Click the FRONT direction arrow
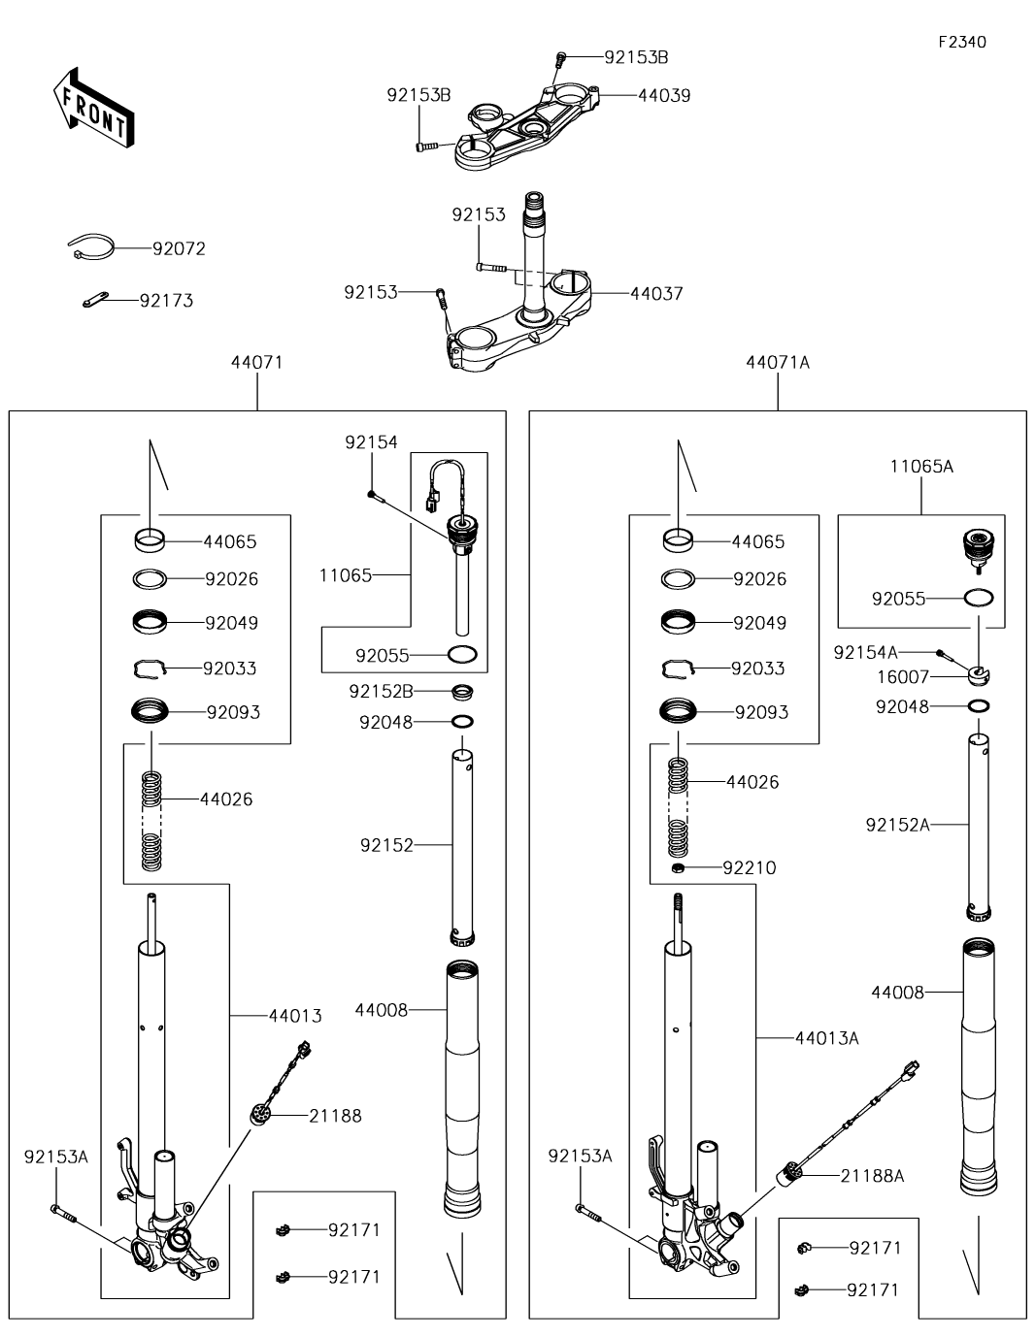tap(93, 109)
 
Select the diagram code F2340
tap(962, 42)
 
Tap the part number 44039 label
tap(664, 95)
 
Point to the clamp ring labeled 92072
tap(90, 246)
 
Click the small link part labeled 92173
tap(95, 299)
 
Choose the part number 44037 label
tap(656, 293)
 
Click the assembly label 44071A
tap(778, 363)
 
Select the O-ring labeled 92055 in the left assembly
tap(462, 655)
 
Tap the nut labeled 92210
tap(679, 867)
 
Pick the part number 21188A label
tap(872, 1176)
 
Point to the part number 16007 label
tap(902, 677)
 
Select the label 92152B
tap(381, 691)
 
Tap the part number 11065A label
tap(921, 467)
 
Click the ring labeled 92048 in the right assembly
tap(979, 705)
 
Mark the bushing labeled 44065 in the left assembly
tap(150, 540)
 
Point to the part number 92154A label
tap(865, 652)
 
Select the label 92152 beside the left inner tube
tap(386, 845)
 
